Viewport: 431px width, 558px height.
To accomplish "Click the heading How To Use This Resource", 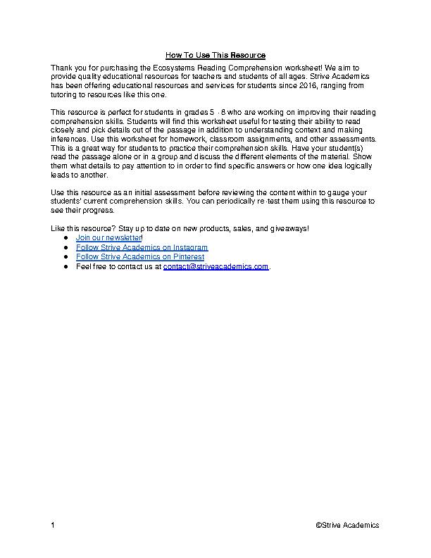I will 216,55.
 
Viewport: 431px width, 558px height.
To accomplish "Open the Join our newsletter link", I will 108,239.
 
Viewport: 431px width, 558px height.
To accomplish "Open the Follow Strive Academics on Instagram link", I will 142,248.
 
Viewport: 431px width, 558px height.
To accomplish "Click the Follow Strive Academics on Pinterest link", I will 139,257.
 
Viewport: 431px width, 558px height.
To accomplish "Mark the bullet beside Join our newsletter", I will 65,239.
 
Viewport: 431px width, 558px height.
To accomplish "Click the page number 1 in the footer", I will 53,525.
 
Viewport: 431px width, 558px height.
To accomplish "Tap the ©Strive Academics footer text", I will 347,525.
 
